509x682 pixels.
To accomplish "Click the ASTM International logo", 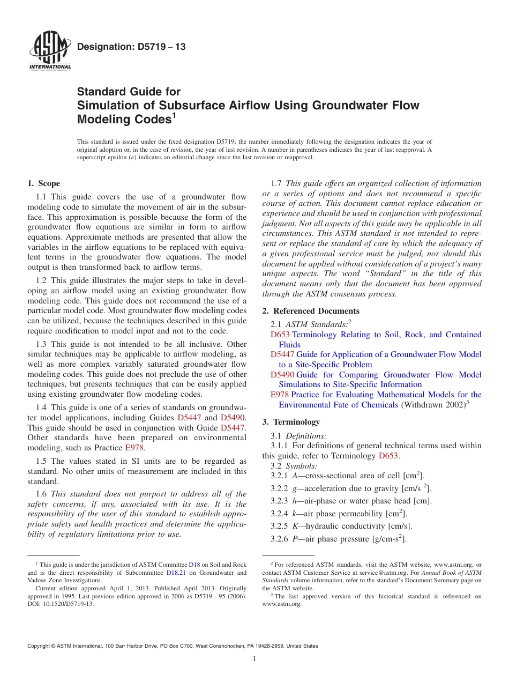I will [x=49, y=52].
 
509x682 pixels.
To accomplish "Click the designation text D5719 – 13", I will [x=131, y=47].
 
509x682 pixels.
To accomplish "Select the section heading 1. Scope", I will [x=43, y=183].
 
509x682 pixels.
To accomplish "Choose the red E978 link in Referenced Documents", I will [x=280, y=395].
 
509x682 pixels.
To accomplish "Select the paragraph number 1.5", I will [x=43, y=461].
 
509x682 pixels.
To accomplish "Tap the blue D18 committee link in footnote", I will [x=194, y=565].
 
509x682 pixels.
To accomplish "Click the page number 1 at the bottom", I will [x=254, y=659].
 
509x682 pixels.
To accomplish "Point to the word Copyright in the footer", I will [x=40, y=646].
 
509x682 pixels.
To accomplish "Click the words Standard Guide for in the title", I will [x=129, y=92].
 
